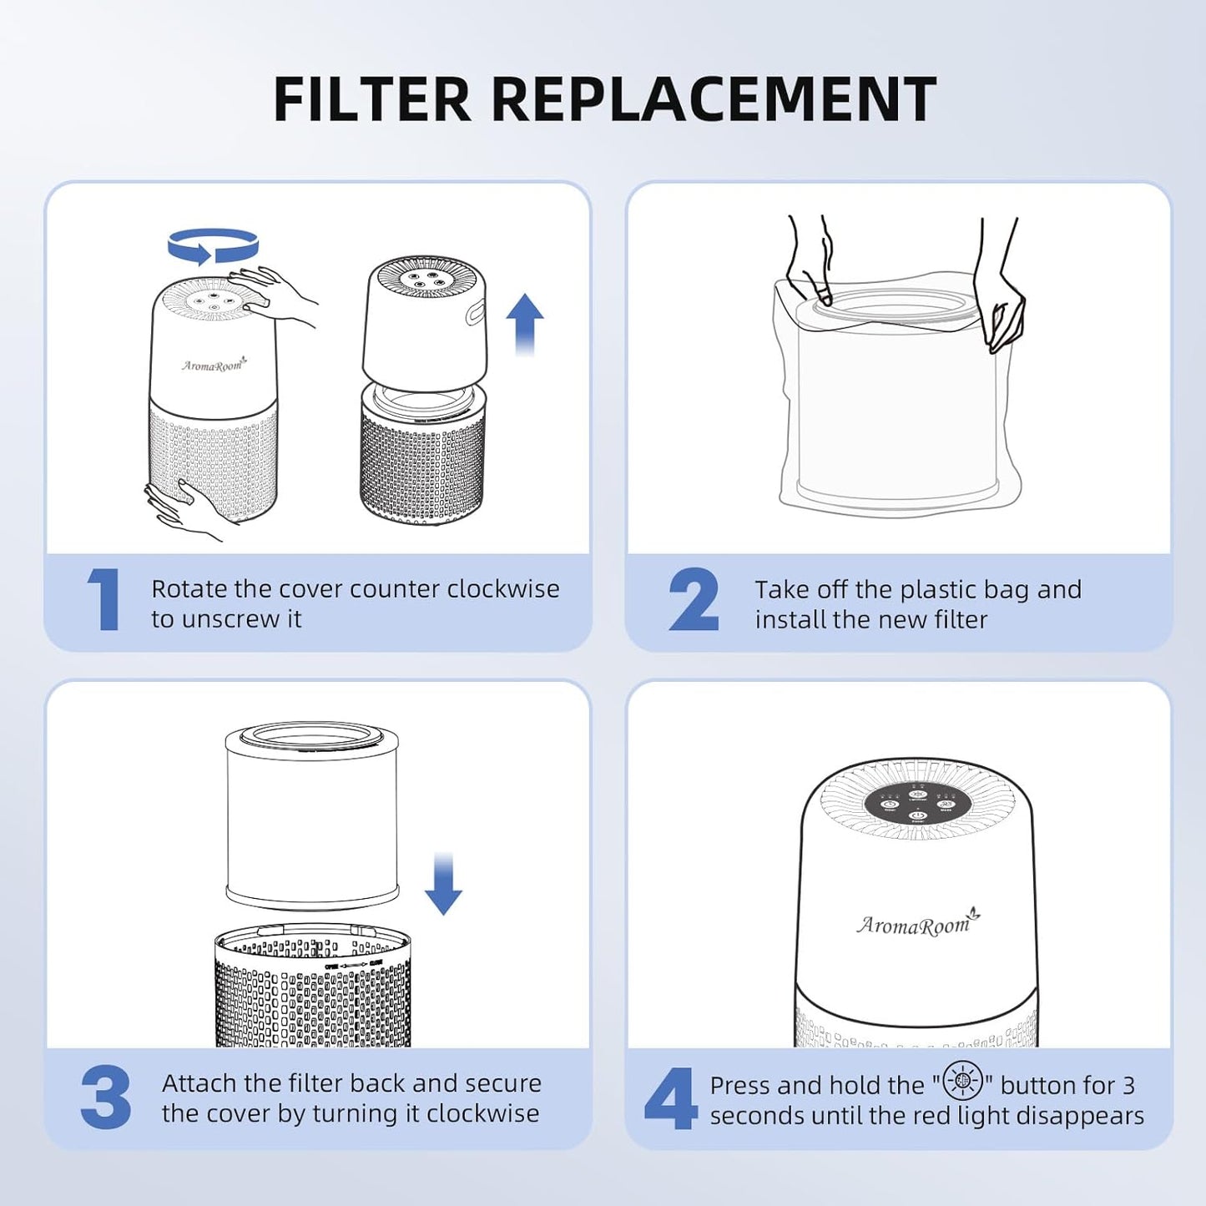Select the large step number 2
point(693,599)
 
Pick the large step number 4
point(670,1098)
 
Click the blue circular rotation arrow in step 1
point(214,246)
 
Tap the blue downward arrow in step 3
point(443,885)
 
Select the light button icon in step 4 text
point(962,1082)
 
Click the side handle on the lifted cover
point(476,315)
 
